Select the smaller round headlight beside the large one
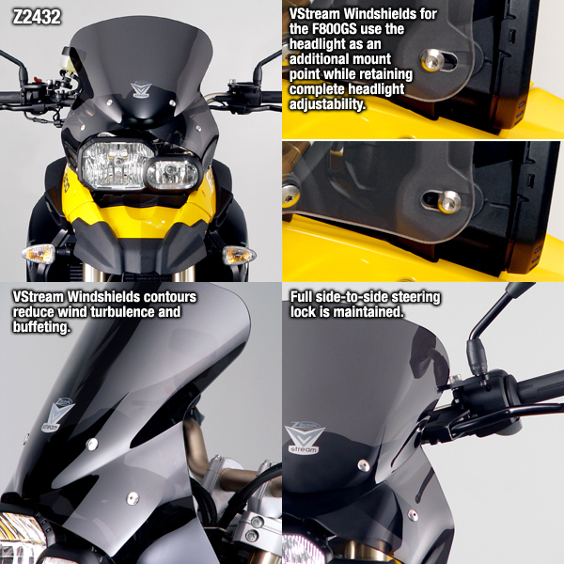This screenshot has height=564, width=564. point(171,173)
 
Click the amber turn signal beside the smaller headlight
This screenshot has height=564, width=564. point(239,255)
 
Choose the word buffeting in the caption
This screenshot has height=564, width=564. point(41,328)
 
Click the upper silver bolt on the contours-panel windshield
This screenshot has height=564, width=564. point(92,444)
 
